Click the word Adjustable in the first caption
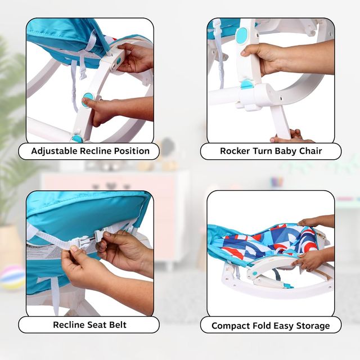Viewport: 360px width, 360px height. [54, 151]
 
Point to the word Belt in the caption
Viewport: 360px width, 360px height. [118, 325]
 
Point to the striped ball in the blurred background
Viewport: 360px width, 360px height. [11, 277]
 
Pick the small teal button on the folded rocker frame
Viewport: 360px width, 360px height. [255, 274]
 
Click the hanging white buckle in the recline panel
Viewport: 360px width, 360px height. [83, 72]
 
